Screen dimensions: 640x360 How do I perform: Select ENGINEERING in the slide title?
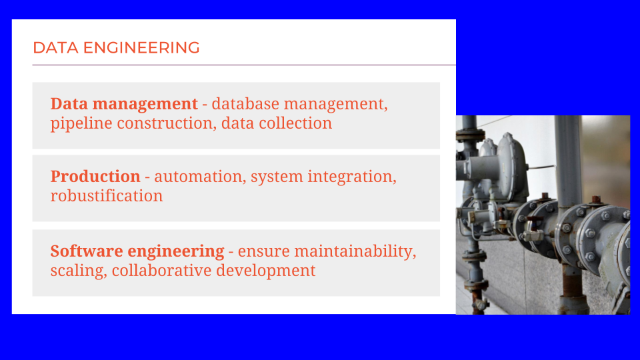point(141,48)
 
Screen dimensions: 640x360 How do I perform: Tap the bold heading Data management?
point(124,104)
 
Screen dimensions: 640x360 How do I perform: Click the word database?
point(245,104)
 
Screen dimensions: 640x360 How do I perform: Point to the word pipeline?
point(81,124)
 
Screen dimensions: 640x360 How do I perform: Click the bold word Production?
point(95,176)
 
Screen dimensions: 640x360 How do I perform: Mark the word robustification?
point(107,196)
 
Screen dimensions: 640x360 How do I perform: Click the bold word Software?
point(87,251)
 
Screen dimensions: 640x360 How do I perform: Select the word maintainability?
point(355,251)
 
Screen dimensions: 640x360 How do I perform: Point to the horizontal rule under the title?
point(244,65)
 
